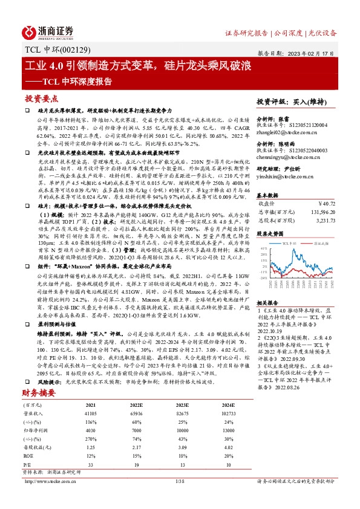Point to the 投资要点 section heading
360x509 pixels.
[41, 98]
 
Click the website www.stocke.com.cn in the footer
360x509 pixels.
[56, 498]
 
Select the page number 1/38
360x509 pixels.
[178, 498]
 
